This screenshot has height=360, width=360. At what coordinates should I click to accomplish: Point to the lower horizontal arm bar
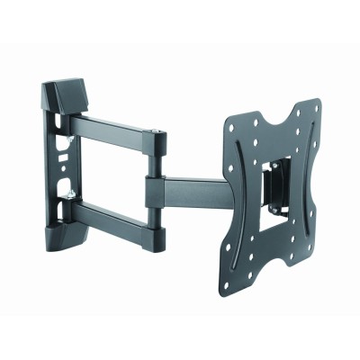[108, 216]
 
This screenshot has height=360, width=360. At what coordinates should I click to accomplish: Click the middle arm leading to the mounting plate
[193, 191]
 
